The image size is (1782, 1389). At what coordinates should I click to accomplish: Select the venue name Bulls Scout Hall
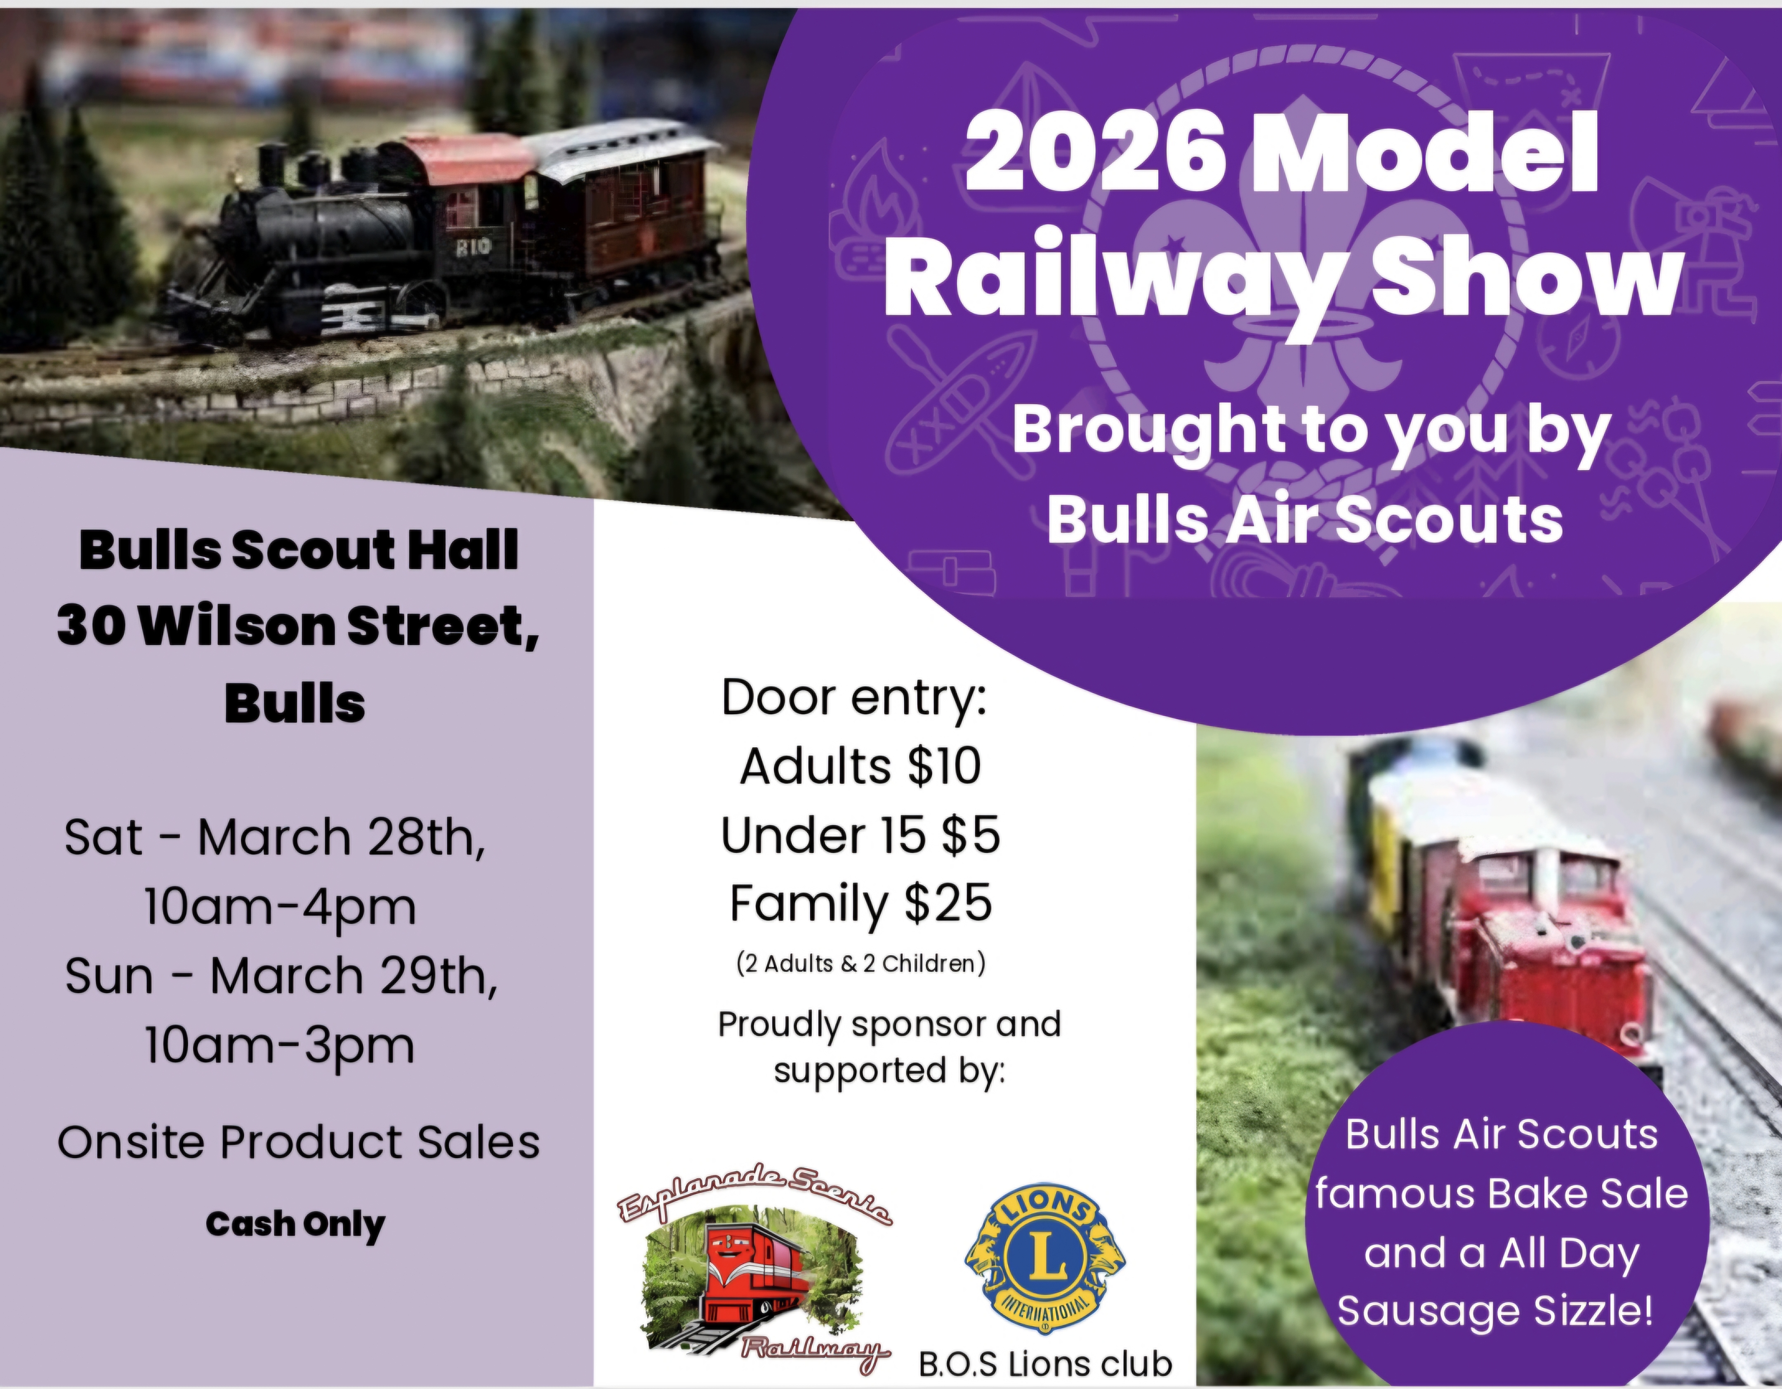(x=299, y=551)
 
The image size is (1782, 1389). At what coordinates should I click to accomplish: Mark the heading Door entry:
(x=854, y=699)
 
